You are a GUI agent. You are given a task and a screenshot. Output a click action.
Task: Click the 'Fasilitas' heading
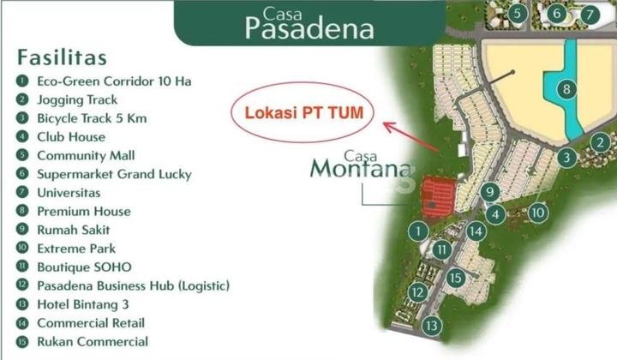[61, 57]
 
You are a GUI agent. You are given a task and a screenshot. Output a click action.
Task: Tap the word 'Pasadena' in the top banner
[309, 28]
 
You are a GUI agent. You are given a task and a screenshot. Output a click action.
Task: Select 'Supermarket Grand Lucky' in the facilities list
[114, 174]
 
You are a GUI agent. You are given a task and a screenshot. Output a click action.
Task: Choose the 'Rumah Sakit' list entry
[73, 230]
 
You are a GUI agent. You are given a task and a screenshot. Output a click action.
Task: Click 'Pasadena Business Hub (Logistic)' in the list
[133, 285]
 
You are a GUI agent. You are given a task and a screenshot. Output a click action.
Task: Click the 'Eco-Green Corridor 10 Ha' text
[114, 81]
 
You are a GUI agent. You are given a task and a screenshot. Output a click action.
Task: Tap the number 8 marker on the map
[565, 89]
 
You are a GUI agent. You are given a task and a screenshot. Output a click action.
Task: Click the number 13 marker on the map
[431, 326]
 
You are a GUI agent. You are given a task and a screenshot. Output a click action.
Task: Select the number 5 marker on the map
[516, 14]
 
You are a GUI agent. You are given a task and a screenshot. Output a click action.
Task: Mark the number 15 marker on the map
[457, 277]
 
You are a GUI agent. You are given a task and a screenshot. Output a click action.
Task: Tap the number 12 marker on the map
[417, 293]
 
